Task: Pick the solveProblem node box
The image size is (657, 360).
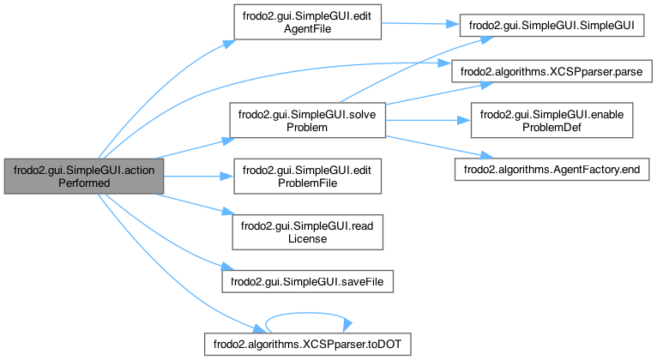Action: point(306,121)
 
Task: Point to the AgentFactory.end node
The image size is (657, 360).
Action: point(552,171)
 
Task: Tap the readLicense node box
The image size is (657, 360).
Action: point(306,231)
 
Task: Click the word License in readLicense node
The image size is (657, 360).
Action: point(306,237)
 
